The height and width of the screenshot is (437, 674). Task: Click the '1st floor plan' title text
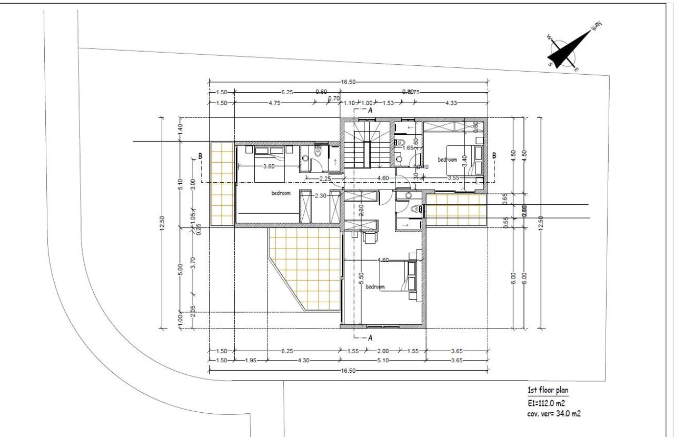(548, 390)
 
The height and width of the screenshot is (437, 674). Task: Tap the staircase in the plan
(363, 145)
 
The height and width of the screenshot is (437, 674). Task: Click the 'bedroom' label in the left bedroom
(281, 193)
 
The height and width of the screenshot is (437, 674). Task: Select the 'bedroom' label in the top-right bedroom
(447, 160)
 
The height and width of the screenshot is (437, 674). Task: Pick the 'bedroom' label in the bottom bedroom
(375, 287)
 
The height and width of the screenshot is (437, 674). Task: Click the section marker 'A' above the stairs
(370, 111)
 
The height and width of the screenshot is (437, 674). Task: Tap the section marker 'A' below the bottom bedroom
(370, 337)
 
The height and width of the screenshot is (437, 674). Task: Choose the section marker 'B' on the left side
(200, 156)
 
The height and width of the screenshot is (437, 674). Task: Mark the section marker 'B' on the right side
(494, 155)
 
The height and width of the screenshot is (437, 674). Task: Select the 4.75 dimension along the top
(274, 103)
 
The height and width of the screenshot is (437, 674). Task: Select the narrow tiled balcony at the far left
(222, 183)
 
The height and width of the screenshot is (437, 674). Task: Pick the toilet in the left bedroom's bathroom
(318, 153)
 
